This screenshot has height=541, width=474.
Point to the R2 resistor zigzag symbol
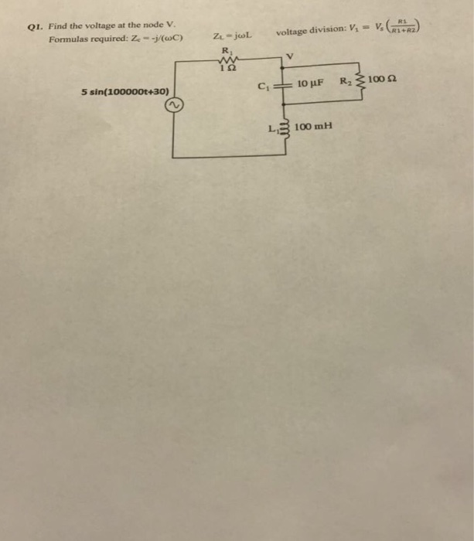click(x=360, y=81)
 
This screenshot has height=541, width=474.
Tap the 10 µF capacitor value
click(x=309, y=82)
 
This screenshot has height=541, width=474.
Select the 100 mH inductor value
click(x=313, y=125)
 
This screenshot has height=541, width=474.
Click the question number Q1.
click(x=32, y=26)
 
